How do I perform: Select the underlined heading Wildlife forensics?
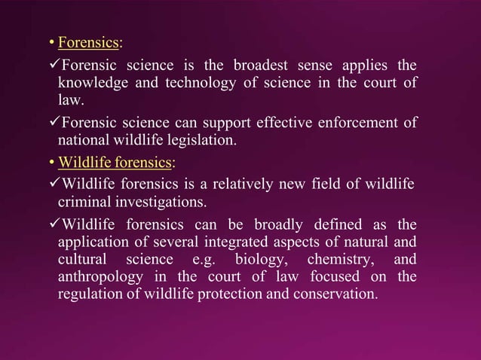coord(115,161)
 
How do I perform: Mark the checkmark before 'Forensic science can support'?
coord(52,121)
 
